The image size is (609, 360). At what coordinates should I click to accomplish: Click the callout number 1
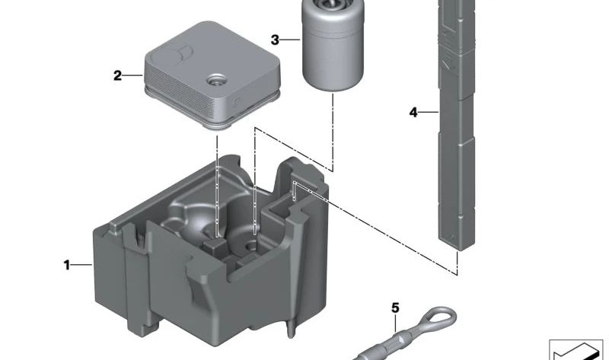point(67,265)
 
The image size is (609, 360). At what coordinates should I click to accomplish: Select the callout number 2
point(117,75)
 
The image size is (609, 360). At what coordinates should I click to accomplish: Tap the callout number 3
point(275,40)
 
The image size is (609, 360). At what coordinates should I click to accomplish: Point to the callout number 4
point(413,112)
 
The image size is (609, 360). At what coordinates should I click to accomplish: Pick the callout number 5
point(395,308)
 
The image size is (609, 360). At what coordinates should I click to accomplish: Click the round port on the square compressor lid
point(216,81)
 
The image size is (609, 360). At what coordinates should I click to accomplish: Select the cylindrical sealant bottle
point(333,45)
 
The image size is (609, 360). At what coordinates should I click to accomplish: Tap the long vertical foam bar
point(457,124)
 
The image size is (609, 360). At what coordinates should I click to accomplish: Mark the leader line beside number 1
point(81,265)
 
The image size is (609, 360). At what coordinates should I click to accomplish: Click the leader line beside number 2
point(132,75)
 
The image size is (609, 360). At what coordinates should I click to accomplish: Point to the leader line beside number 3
point(290,40)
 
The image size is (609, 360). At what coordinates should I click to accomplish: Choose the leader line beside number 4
point(429,112)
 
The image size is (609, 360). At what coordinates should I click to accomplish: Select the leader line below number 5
point(395,323)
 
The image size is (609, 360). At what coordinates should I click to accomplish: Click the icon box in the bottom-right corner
point(579,350)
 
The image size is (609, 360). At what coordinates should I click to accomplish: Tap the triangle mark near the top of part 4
point(448,64)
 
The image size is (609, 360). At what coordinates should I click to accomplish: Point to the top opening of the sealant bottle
point(333,4)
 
